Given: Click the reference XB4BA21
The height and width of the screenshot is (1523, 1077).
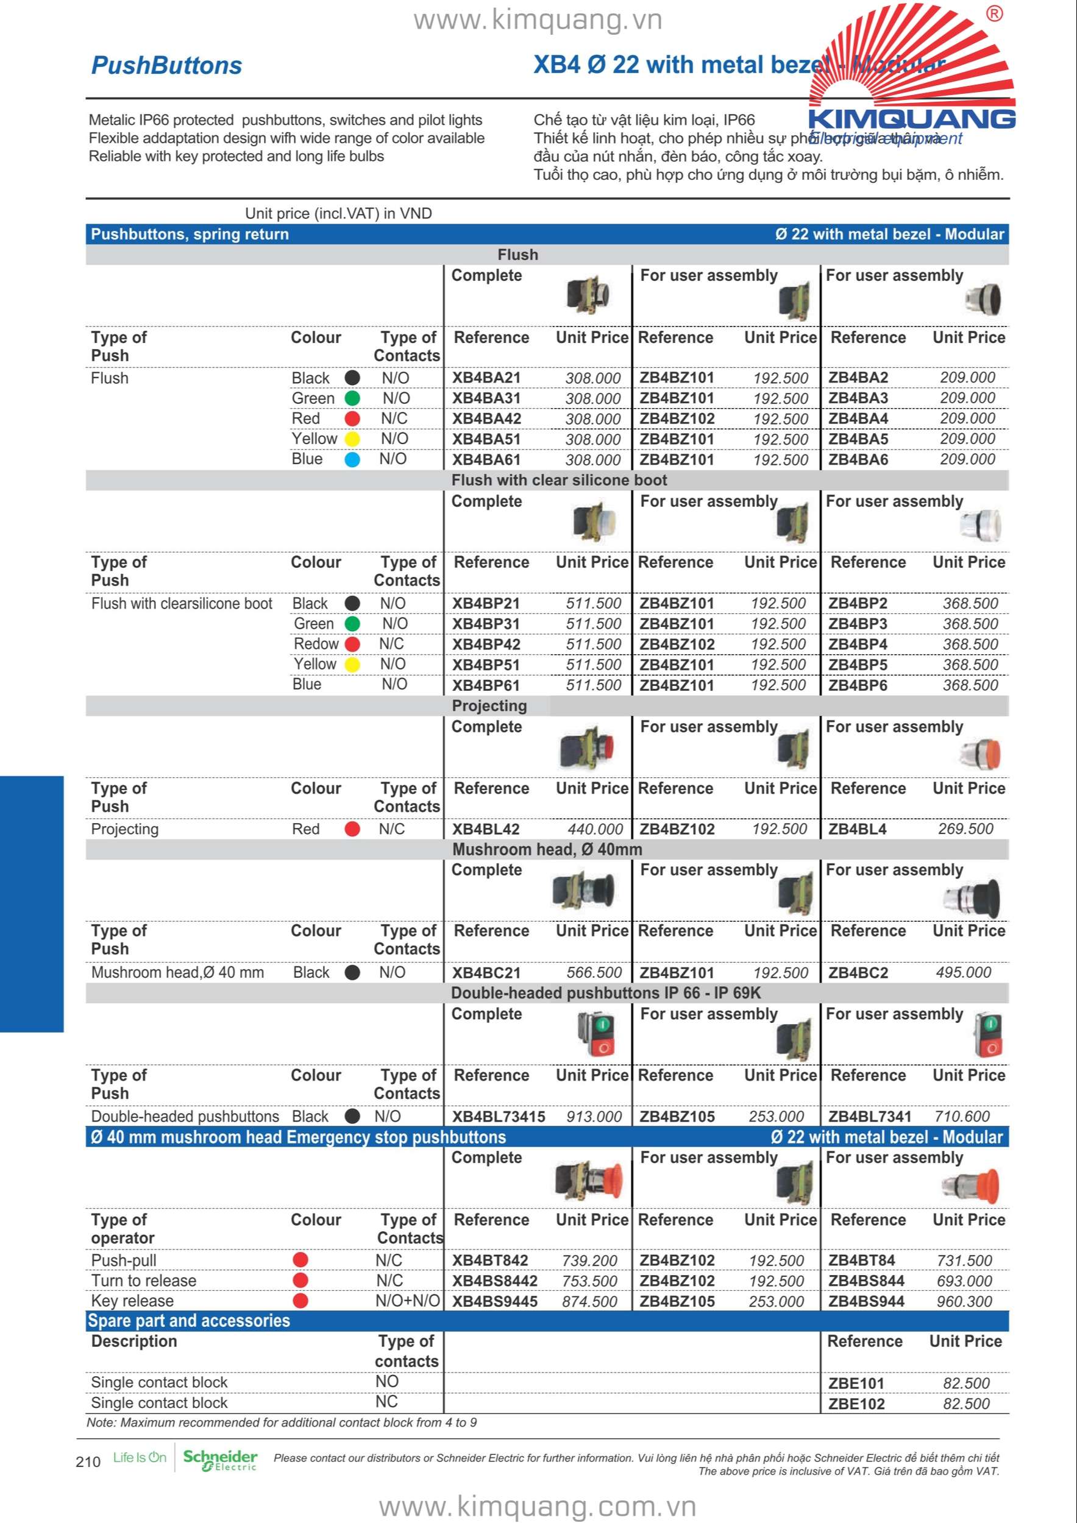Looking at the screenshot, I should coord(486,378).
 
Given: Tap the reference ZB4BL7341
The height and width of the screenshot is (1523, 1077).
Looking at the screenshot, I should coord(869,1117).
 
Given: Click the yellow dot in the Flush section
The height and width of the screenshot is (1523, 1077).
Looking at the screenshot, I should coord(352,439).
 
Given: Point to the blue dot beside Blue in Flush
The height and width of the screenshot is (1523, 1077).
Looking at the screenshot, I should coord(352,460).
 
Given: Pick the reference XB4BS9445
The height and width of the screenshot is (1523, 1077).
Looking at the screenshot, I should coord(495,1301).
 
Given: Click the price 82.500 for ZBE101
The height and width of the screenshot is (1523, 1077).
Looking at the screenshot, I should coord(965,1383).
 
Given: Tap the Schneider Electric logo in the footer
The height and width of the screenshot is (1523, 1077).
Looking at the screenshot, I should coord(219,1460).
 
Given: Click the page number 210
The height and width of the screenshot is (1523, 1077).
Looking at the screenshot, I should coord(88,1461).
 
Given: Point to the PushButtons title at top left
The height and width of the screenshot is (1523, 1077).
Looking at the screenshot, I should coord(166,66).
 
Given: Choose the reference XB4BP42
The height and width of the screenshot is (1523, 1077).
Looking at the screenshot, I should coord(486,645).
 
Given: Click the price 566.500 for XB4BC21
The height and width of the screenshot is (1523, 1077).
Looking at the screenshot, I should coord(594,972).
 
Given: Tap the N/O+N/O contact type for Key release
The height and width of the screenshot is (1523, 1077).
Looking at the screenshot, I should coord(407,1301).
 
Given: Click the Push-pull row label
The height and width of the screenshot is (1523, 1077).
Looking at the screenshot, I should coord(124,1260).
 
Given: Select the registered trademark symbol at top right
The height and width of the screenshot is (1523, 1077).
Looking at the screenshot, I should coord(994,14).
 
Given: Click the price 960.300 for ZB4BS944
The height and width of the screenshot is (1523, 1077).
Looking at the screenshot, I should coord(964,1301).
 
